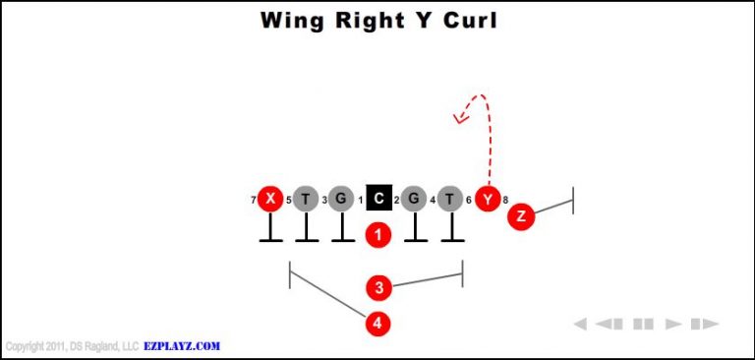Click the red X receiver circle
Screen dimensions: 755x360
point(269,200)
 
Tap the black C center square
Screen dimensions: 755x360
point(378,200)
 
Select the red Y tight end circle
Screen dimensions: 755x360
point(488,200)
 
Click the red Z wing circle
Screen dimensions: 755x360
point(521,216)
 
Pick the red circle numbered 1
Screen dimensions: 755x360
point(378,235)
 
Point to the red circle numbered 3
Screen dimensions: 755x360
point(378,288)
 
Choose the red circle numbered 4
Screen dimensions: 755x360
point(378,323)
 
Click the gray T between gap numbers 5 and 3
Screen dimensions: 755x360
point(306,200)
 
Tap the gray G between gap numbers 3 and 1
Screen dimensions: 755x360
point(341,200)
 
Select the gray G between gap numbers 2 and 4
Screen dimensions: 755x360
point(414,200)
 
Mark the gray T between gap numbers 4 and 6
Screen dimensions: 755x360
point(450,200)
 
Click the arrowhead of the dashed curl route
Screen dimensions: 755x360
point(458,119)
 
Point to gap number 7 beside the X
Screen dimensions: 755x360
point(254,201)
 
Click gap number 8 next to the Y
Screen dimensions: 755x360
point(505,201)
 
